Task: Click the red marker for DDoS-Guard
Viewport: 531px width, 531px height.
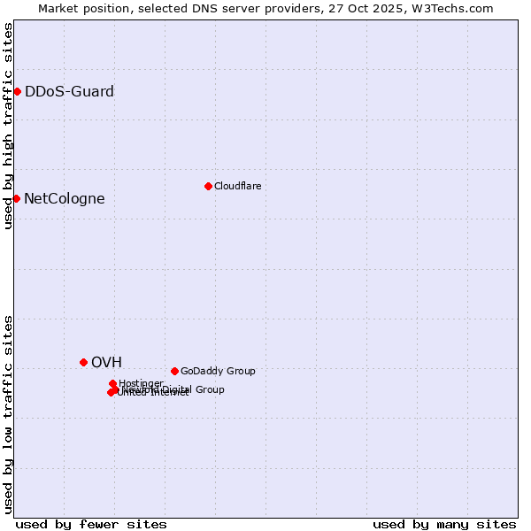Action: (x=17, y=91)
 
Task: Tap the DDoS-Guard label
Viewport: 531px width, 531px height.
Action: (x=69, y=91)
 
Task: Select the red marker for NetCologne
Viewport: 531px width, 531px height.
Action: (x=16, y=198)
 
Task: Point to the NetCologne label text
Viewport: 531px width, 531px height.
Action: (x=64, y=198)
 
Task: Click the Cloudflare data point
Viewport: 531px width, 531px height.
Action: (x=208, y=186)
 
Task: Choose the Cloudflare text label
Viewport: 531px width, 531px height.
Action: (x=237, y=186)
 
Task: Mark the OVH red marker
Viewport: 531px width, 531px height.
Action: (x=84, y=362)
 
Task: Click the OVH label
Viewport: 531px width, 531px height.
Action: (x=106, y=362)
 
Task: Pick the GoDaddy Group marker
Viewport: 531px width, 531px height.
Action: (x=174, y=371)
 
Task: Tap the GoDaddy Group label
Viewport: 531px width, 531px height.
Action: (x=218, y=371)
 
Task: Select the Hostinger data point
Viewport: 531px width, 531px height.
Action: (x=113, y=383)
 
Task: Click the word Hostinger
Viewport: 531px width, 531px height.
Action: (x=141, y=383)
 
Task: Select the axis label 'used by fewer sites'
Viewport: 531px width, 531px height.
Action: (x=91, y=524)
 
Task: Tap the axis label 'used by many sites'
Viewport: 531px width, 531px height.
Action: (x=444, y=524)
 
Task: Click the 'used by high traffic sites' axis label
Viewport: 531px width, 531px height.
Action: (x=8, y=126)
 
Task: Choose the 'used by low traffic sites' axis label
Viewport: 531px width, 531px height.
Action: (x=8, y=414)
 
